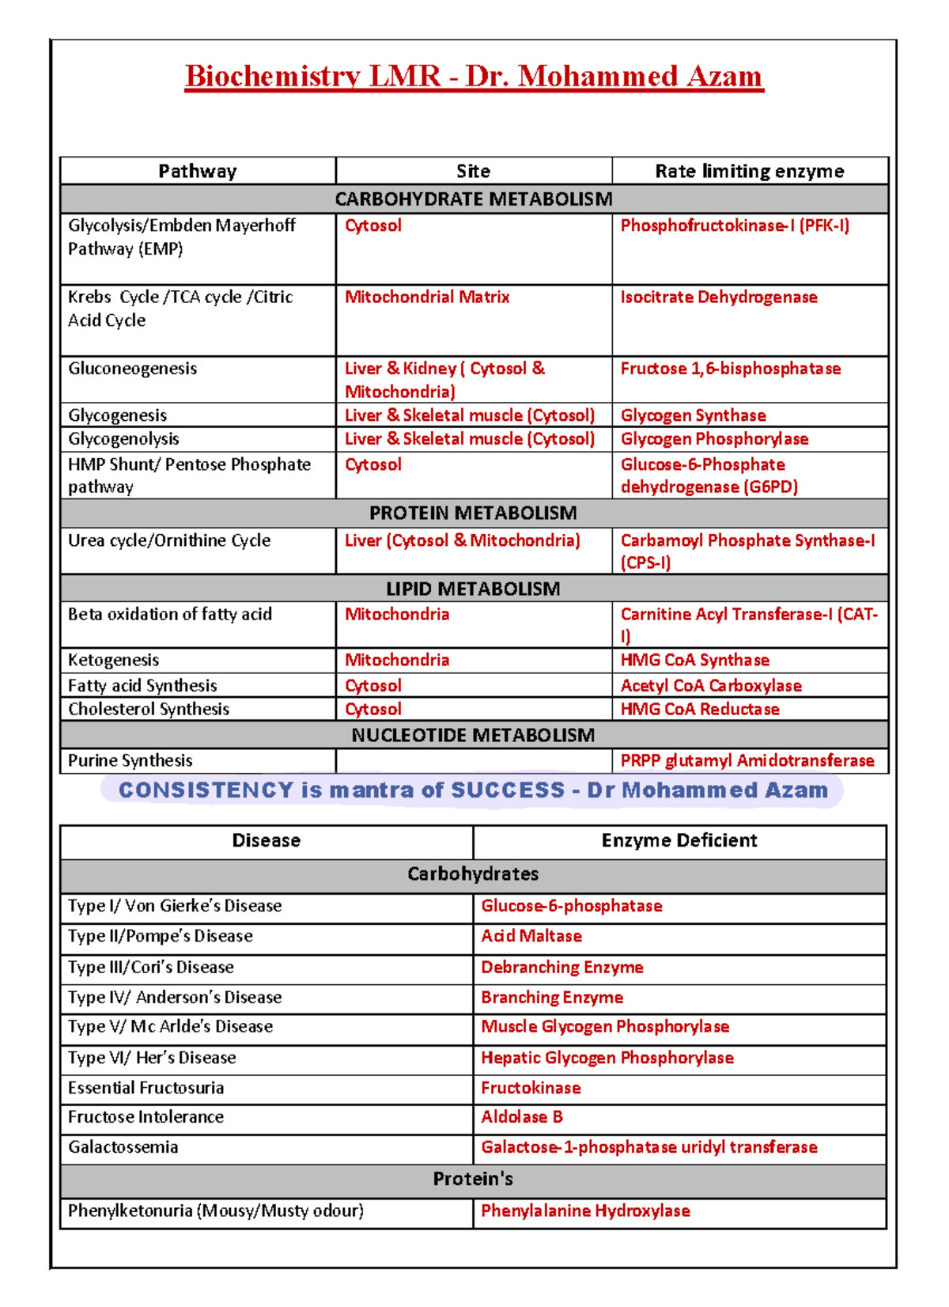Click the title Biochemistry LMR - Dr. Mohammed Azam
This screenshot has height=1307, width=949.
pyautogui.click(x=474, y=77)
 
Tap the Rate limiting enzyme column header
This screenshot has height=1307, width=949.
pyautogui.click(x=749, y=172)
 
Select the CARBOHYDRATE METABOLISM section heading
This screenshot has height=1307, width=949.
pyautogui.click(x=474, y=199)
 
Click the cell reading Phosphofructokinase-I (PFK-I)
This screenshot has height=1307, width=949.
pyautogui.click(x=734, y=226)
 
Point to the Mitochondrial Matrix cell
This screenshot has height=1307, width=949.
pyautogui.click(x=427, y=297)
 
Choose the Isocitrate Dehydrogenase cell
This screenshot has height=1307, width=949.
pyautogui.click(x=718, y=297)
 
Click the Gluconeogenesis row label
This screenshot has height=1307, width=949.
pyautogui.click(x=132, y=369)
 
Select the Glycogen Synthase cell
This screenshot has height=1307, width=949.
pyautogui.click(x=693, y=415)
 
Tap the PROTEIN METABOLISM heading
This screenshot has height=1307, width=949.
pyautogui.click(x=474, y=513)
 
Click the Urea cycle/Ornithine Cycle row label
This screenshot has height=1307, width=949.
pyautogui.click(x=169, y=541)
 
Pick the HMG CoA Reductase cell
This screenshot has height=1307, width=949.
pyautogui.click(x=699, y=710)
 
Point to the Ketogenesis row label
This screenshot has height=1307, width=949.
pyautogui.click(x=113, y=661)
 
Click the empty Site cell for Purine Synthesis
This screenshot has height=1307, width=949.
pyautogui.click(x=473, y=761)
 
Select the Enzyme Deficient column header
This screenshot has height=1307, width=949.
pyautogui.click(x=679, y=841)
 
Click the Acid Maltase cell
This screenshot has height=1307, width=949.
pyautogui.click(x=531, y=937)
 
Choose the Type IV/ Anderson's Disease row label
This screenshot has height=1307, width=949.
pyautogui.click(x=174, y=998)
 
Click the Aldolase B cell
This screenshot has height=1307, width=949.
pyautogui.click(x=521, y=1117)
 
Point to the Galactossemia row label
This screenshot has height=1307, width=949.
pyautogui.click(x=123, y=1148)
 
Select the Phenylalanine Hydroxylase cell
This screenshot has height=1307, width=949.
pyautogui.click(x=585, y=1211)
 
